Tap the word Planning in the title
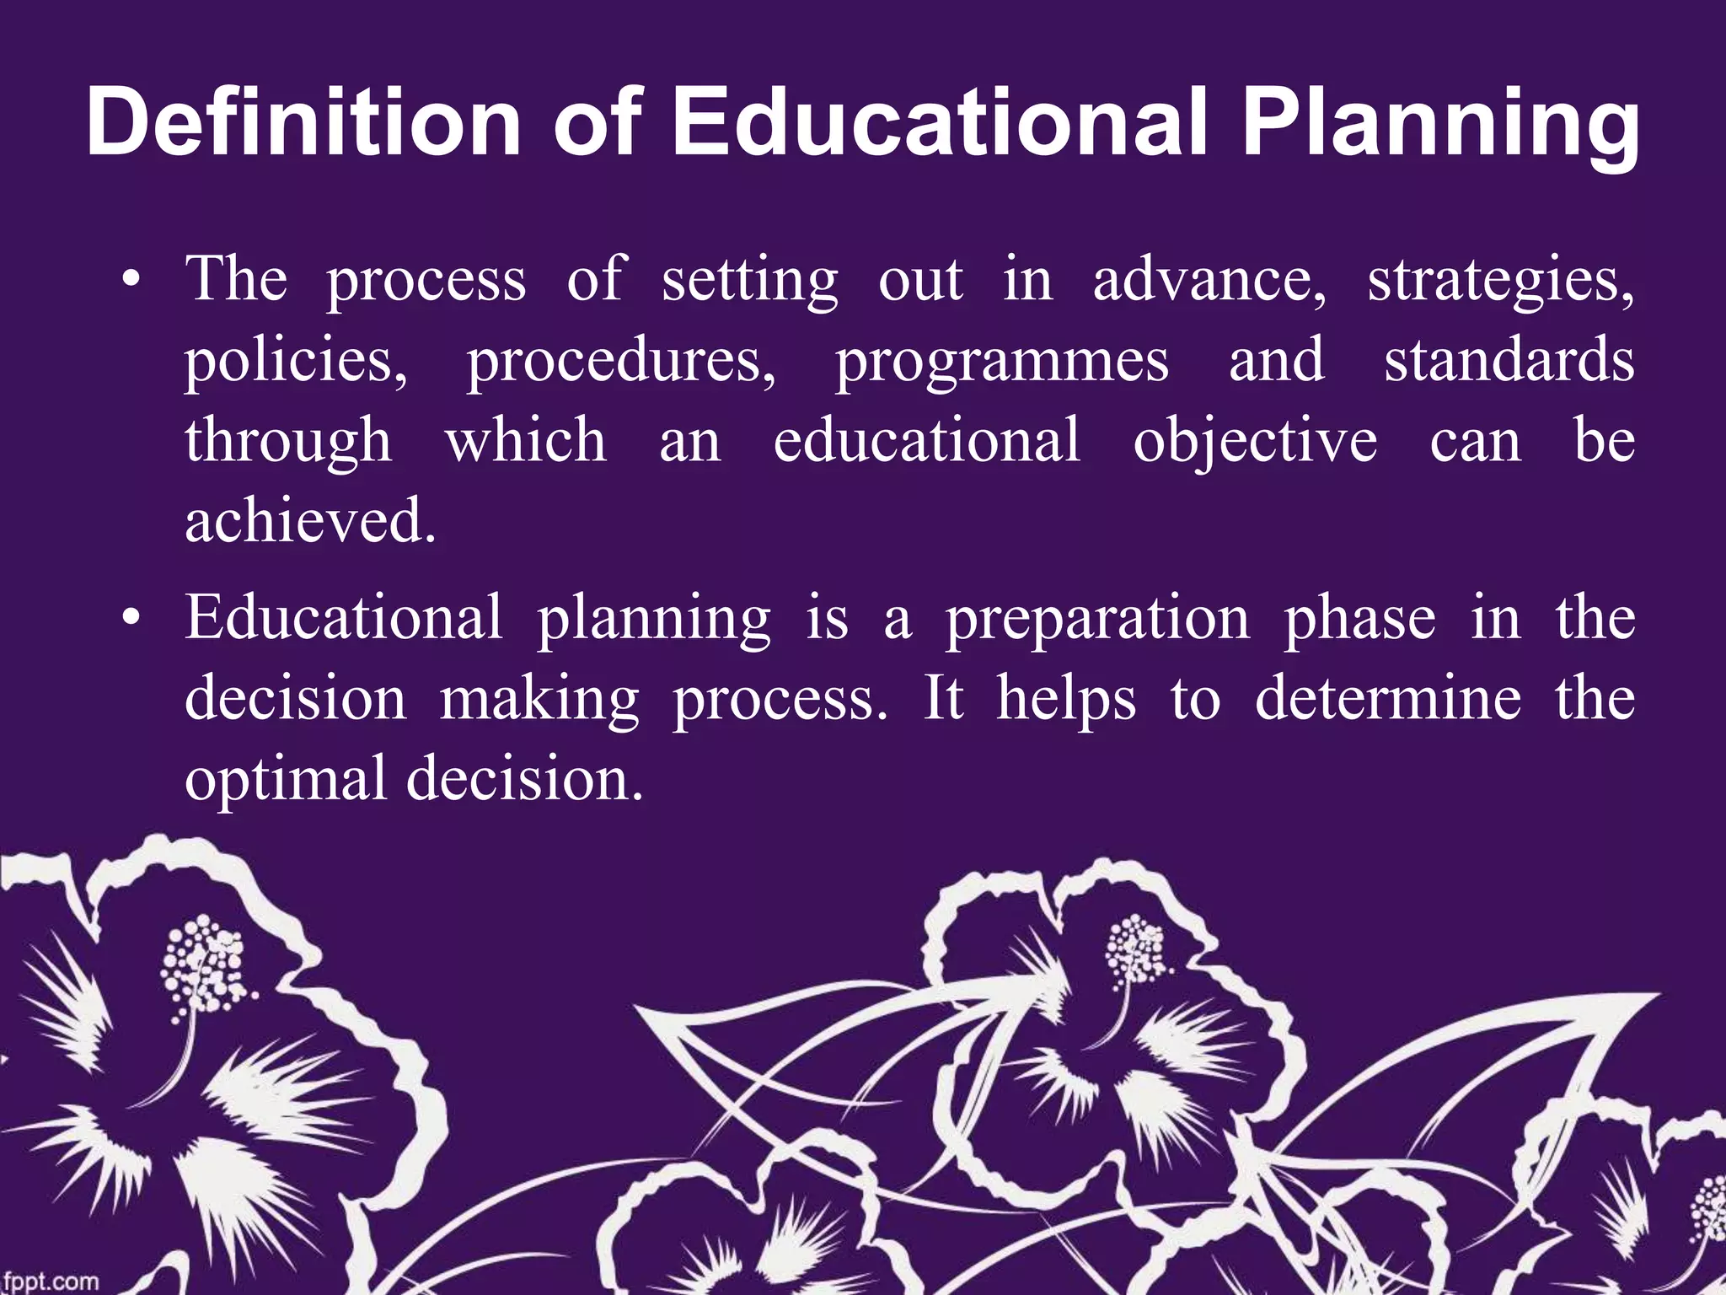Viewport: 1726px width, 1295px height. (1441, 126)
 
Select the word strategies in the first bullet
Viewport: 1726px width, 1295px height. (1500, 281)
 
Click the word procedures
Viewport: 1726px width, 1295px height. (622, 362)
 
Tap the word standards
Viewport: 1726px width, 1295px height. (1509, 360)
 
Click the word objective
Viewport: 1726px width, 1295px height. (1255, 442)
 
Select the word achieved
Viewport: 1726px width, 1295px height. (310, 520)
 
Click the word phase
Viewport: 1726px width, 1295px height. (1359, 618)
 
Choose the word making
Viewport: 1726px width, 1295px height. (539, 701)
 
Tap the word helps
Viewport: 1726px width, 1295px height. (1066, 701)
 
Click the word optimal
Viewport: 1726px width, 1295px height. (286, 780)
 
